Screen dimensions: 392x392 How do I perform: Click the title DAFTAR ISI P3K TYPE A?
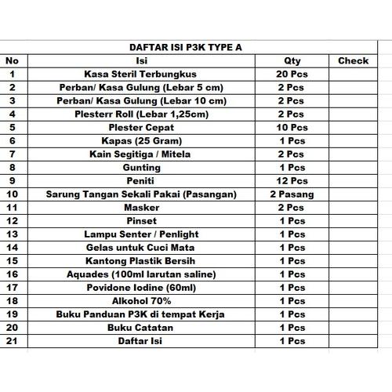pos(185,47)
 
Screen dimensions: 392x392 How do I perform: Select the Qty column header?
pos(292,60)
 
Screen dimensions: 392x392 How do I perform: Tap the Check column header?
pos(353,60)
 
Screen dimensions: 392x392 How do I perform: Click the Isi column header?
pos(142,60)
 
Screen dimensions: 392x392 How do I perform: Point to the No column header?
pos(12,60)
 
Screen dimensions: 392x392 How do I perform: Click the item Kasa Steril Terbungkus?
pos(142,74)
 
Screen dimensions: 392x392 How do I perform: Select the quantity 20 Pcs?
pos(292,74)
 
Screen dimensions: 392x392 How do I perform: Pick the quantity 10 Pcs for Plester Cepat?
pos(292,127)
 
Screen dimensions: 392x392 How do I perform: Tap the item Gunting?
pos(142,167)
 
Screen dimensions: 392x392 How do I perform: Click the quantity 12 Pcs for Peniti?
pos(292,180)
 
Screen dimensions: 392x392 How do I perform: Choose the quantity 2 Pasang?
pos(292,194)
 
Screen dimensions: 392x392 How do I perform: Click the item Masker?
pos(142,207)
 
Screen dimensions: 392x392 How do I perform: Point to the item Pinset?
pos(142,220)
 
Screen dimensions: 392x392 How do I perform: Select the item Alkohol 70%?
pos(142,300)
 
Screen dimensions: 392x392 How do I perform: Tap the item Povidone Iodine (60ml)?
pos(142,287)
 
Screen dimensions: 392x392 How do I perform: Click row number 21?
pos(12,340)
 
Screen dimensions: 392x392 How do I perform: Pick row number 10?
pos(12,194)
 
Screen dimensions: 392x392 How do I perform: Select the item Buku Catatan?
pos(142,327)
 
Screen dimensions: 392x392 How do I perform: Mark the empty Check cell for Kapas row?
pos(353,140)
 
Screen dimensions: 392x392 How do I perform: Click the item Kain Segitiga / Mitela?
pos(142,154)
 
